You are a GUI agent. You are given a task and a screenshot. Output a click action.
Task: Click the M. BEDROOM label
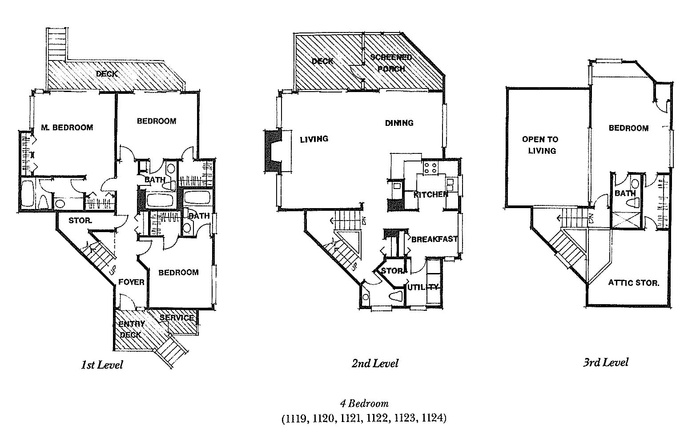(x=67, y=128)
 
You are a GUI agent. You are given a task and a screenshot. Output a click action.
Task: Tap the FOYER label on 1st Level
(x=131, y=282)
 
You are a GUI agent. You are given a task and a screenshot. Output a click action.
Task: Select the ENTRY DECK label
(x=131, y=330)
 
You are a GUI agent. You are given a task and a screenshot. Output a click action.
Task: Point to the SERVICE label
(x=177, y=317)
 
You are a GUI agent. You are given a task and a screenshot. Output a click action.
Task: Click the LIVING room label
(x=314, y=139)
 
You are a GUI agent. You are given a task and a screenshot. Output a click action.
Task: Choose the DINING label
(x=399, y=123)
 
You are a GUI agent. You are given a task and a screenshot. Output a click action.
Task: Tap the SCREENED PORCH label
(x=390, y=63)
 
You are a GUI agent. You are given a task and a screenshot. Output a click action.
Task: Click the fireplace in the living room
(x=273, y=150)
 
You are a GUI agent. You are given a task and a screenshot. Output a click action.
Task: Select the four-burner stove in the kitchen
(x=430, y=168)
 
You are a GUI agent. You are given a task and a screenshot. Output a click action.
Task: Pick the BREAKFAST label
(x=434, y=239)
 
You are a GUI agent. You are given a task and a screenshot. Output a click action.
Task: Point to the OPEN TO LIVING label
(x=540, y=145)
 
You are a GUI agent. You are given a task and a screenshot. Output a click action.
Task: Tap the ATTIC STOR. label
(x=633, y=282)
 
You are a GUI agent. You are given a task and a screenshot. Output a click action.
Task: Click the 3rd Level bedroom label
(x=628, y=128)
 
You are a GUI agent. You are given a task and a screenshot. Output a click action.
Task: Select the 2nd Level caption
(x=375, y=363)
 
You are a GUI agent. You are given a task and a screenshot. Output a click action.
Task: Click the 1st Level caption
(x=102, y=365)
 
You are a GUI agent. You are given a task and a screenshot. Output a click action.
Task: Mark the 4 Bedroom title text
(x=364, y=404)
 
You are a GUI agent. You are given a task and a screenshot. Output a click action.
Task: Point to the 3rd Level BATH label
(x=625, y=193)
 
